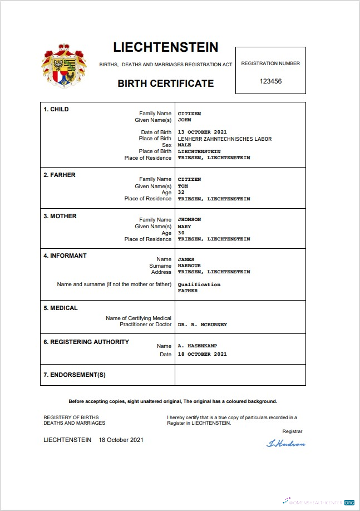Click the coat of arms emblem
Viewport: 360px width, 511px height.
tap(63, 66)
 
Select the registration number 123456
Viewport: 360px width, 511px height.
tap(270, 81)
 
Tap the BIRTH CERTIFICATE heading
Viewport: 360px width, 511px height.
tap(166, 83)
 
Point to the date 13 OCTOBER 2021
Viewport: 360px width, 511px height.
tap(202, 132)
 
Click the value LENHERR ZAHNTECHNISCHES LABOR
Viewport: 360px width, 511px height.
tap(225, 139)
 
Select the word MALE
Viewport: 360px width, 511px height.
tap(184, 145)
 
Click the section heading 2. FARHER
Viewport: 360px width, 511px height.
tap(60, 175)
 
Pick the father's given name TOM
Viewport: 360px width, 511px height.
tap(183, 186)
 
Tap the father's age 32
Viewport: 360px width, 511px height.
tap(181, 193)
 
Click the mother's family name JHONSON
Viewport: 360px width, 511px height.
tap(189, 219)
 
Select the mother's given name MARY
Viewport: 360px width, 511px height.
tap(184, 227)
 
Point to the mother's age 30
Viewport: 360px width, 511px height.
tap(181, 233)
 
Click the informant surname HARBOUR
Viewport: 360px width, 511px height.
tap(189, 266)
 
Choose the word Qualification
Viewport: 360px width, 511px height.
tap(199, 284)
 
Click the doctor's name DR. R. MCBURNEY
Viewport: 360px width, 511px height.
tap(202, 325)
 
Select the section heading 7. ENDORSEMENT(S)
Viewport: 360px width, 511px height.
tap(75, 375)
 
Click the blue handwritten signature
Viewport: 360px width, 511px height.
tap(286, 444)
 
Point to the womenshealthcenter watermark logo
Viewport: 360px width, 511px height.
tap(318, 502)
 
